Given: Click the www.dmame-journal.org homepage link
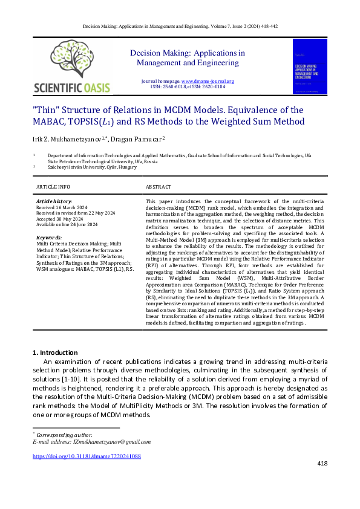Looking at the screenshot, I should coord(208,81).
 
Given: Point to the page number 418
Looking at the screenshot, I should coord(322,463).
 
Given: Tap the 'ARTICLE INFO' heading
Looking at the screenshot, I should coord(53,187).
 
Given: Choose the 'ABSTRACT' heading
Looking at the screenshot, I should coord(159,187).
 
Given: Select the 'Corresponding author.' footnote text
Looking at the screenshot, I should coord(64,435).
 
